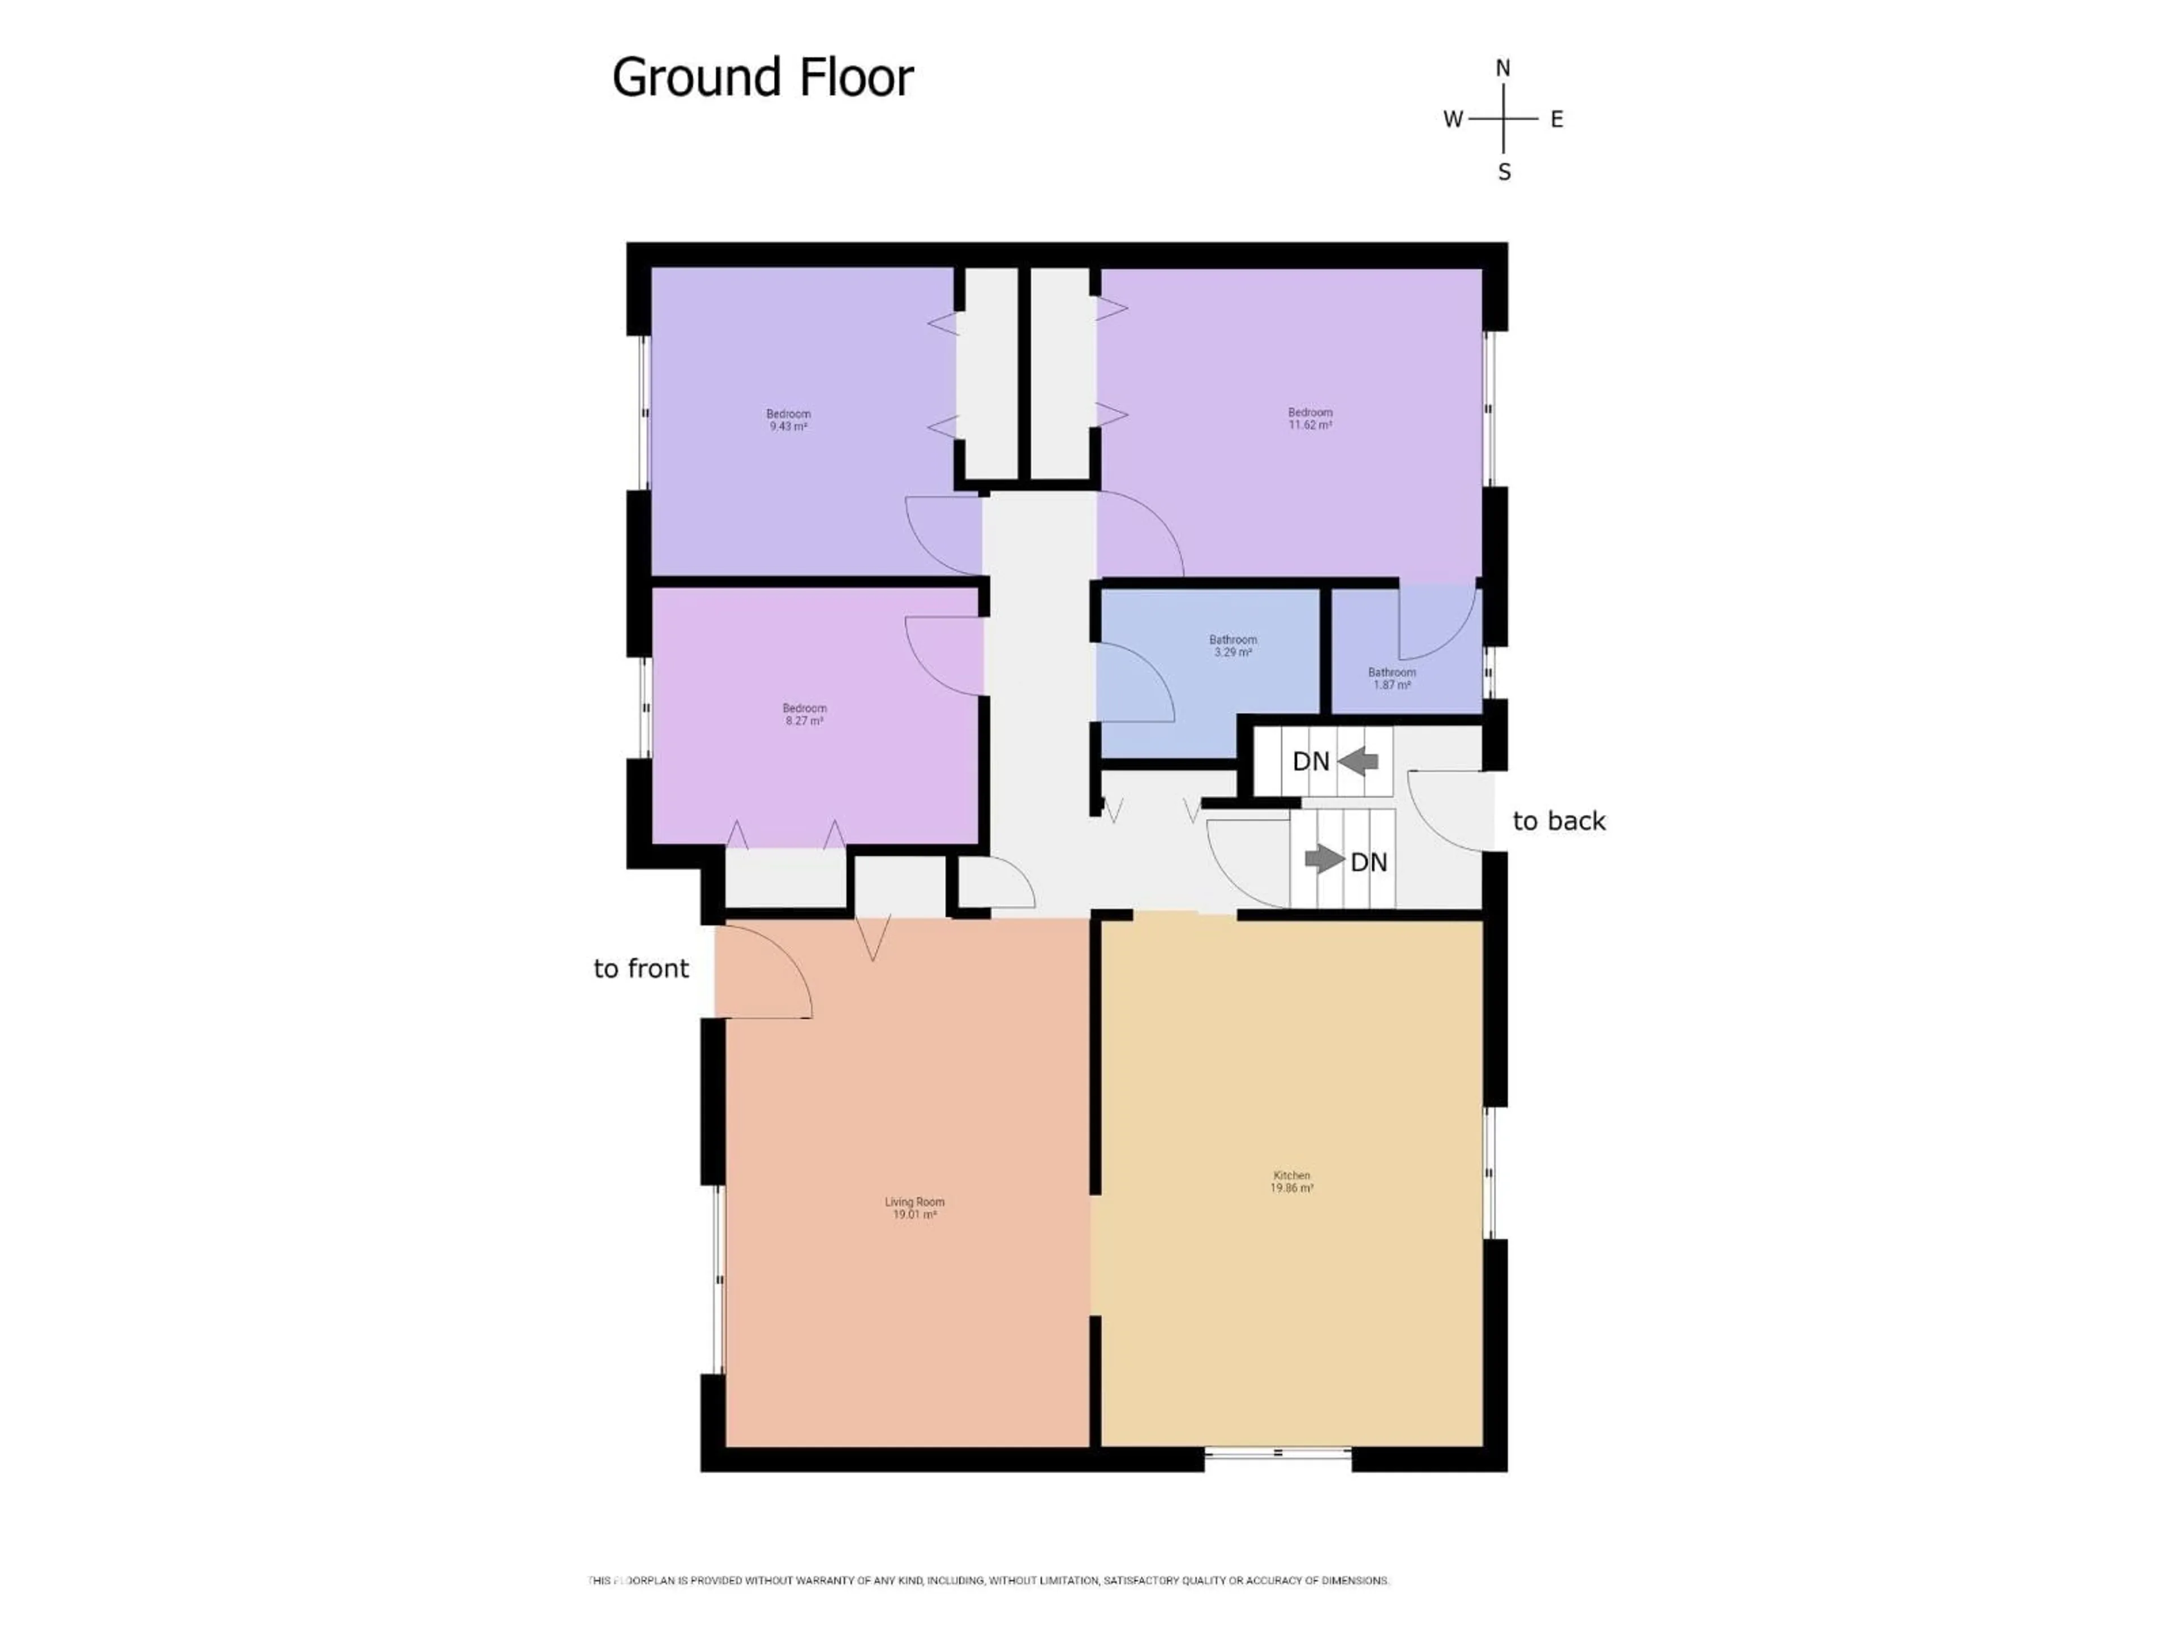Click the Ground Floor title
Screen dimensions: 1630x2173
762,78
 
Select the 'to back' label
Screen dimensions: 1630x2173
1558,821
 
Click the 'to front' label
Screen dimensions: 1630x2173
641,969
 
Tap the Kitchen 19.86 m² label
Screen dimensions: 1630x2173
1292,1181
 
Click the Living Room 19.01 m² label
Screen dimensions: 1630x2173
913,1208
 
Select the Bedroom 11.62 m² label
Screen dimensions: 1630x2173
1309,419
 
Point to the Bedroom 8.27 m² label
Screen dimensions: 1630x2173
804,714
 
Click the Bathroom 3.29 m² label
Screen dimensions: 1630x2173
1233,646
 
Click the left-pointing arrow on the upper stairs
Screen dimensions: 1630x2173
1359,761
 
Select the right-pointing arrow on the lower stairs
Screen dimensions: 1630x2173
1323,860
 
